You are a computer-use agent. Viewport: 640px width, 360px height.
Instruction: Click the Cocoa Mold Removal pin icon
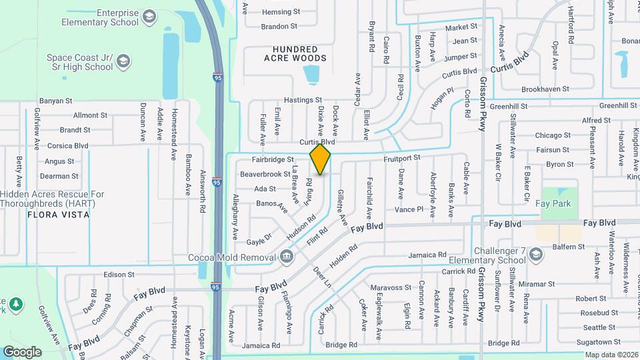click(x=286, y=255)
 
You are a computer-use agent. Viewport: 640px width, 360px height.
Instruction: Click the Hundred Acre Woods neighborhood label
click(x=300, y=54)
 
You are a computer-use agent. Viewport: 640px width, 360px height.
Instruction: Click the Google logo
click(x=22, y=351)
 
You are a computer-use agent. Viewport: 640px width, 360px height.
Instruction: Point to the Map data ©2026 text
click(x=611, y=355)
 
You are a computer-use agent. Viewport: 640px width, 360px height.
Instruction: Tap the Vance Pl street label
click(x=409, y=209)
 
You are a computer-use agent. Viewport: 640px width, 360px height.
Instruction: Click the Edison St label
click(x=119, y=274)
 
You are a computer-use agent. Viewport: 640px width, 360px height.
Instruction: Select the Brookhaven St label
click(x=545, y=89)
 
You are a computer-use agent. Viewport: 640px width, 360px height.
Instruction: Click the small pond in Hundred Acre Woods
click(x=311, y=75)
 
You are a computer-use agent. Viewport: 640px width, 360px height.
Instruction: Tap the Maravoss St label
click(x=391, y=288)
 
